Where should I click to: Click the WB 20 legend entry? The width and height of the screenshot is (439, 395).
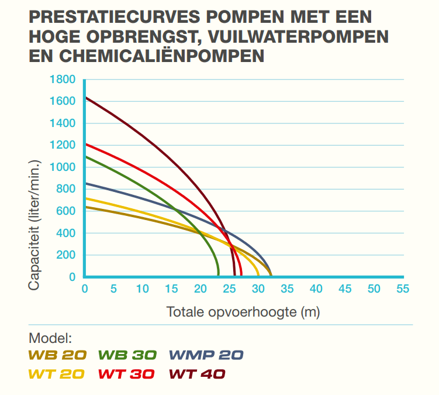click(57, 355)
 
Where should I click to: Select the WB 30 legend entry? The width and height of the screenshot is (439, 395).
click(128, 355)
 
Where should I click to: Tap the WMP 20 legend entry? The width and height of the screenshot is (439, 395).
click(206, 355)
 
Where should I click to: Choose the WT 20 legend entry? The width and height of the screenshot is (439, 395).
click(56, 374)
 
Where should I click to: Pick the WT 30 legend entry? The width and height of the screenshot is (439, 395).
click(126, 374)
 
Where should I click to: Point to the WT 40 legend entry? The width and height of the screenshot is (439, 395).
click(196, 374)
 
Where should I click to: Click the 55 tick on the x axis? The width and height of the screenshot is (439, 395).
click(402, 289)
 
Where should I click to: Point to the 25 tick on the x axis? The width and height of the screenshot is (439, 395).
click(229, 289)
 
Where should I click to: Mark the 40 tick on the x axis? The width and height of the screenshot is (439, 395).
click(316, 289)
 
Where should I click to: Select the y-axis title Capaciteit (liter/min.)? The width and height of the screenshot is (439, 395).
click(35, 225)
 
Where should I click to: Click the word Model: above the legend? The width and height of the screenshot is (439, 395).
click(50, 338)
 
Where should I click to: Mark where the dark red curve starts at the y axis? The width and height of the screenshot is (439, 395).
click(85, 97)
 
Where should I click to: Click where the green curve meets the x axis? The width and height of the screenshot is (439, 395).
click(218, 276)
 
